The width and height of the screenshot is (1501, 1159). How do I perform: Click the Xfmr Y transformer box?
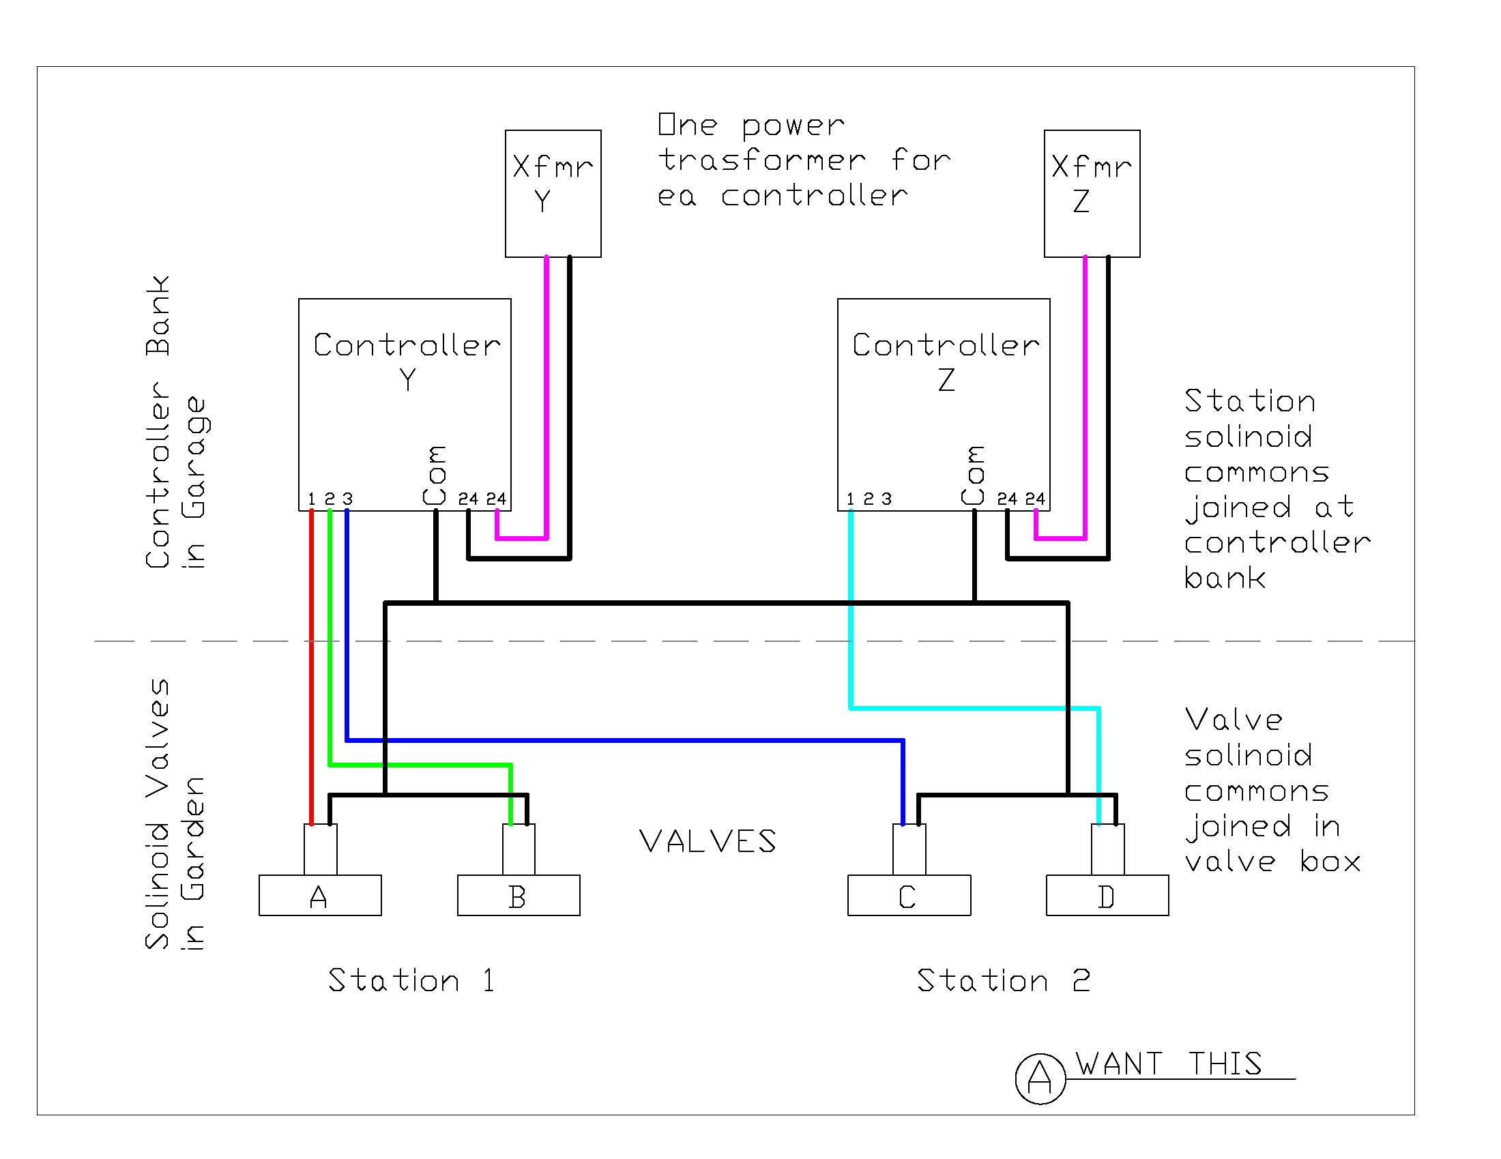click(553, 193)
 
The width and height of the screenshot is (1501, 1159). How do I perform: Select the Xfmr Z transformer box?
click(1092, 193)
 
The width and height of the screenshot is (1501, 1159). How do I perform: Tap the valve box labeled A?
click(319, 894)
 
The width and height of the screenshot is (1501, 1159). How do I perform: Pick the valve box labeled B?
click(519, 894)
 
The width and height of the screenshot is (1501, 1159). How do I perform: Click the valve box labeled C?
click(909, 894)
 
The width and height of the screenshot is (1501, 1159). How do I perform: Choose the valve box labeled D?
click(1107, 894)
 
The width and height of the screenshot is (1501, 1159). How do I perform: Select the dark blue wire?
click(619, 740)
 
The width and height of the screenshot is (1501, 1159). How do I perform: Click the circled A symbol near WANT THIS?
click(1040, 1078)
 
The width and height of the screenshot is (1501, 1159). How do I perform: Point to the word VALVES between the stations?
click(708, 841)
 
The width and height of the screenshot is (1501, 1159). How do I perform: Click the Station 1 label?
click(411, 980)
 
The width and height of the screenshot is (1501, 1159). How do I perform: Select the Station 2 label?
click(1003, 980)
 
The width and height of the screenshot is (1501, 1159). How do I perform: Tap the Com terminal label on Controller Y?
click(435, 475)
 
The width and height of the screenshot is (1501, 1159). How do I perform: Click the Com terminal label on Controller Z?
click(974, 475)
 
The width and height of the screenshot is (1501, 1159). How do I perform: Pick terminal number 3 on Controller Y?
click(348, 498)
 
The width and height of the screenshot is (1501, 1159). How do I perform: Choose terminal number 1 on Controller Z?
click(850, 498)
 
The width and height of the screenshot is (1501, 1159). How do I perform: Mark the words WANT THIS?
click(1168, 1063)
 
